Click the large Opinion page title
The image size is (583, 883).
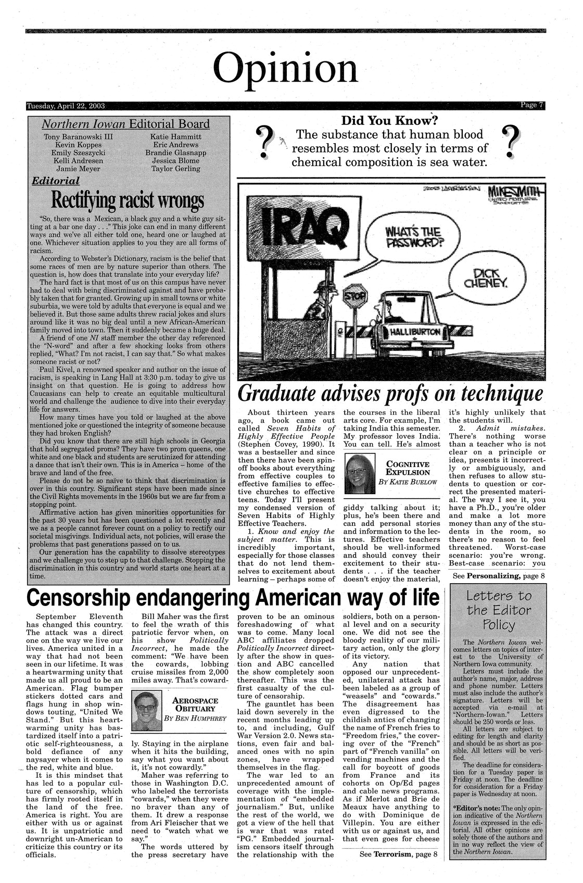286,69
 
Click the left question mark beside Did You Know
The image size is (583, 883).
265,143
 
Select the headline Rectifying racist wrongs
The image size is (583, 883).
128,199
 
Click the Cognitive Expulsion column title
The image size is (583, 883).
407,468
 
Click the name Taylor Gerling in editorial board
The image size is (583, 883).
175,169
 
